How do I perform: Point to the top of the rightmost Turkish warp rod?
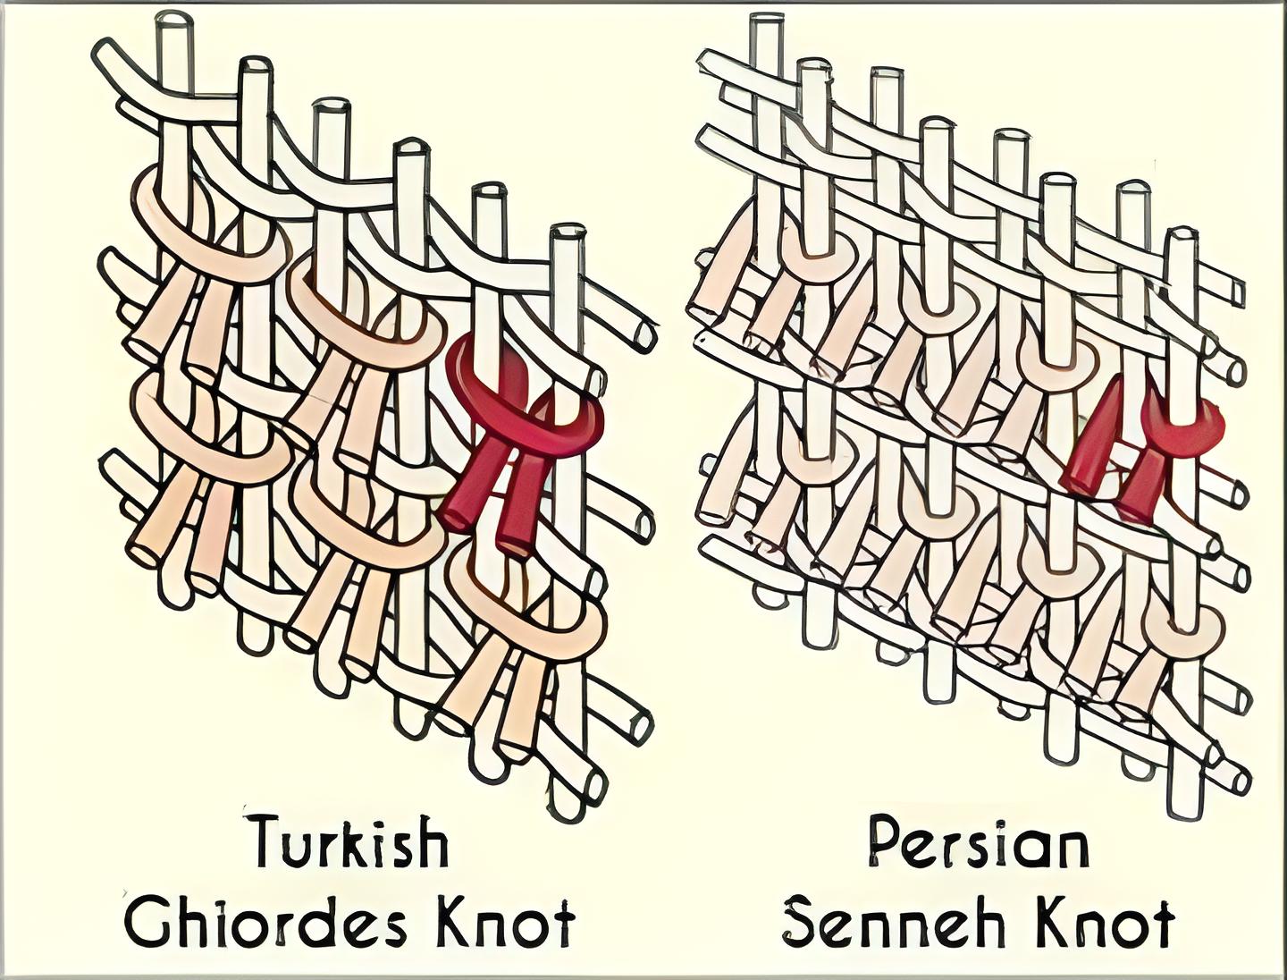567,234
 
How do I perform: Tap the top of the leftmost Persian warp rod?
766,23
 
